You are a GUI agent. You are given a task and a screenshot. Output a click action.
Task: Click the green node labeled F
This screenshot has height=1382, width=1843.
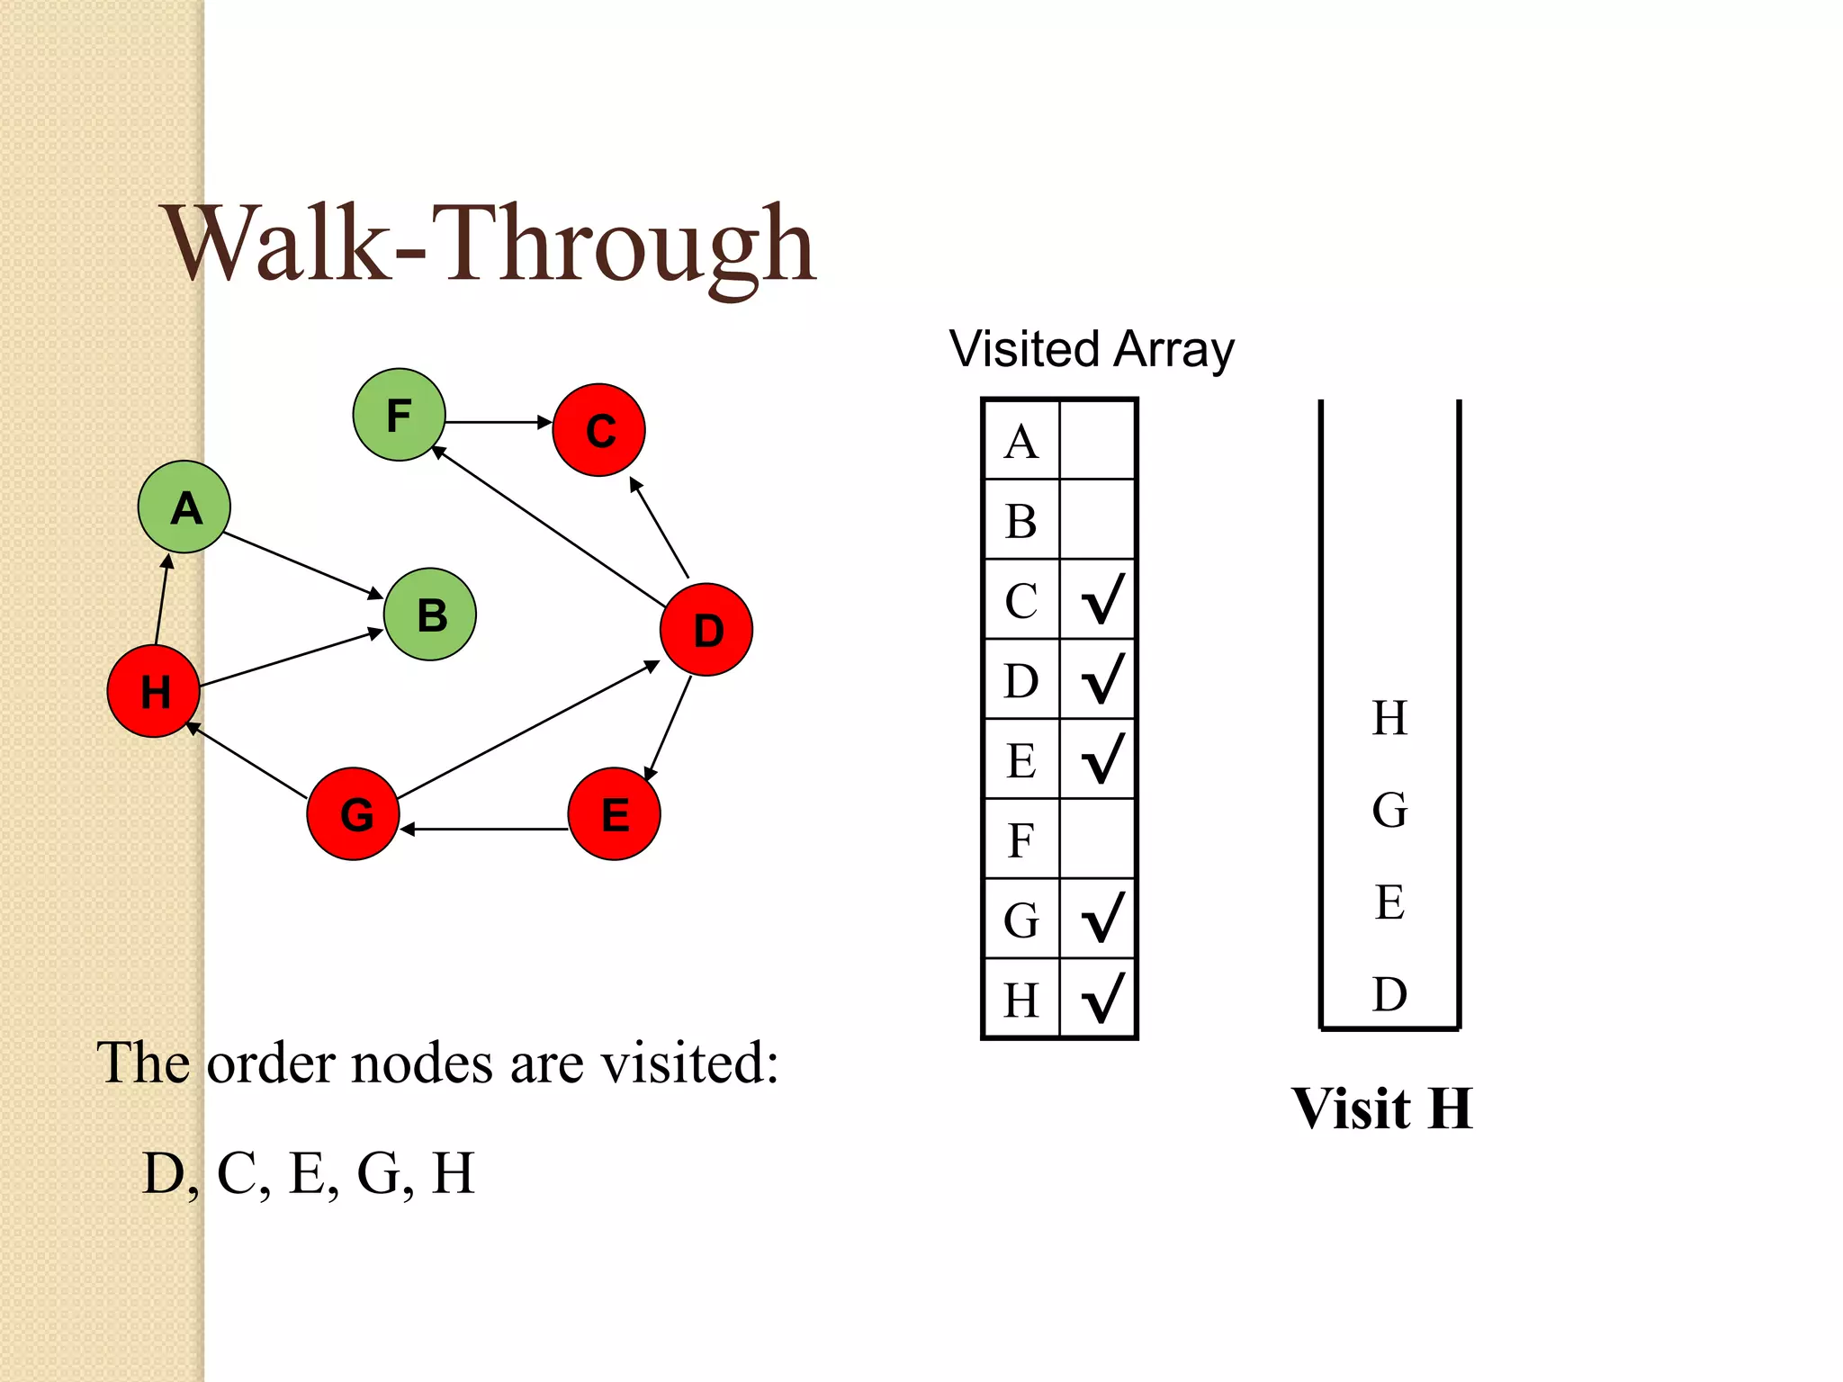tap(399, 415)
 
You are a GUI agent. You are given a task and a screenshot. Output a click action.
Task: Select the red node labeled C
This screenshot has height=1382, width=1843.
tap(598, 430)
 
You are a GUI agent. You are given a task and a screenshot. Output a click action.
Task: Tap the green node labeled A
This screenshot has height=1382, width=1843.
tap(184, 507)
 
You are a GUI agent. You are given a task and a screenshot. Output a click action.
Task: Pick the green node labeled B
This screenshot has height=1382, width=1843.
tap(430, 615)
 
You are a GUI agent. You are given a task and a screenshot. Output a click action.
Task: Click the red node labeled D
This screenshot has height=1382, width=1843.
tap(706, 630)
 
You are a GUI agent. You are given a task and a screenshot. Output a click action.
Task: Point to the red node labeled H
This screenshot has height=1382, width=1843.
tap(154, 691)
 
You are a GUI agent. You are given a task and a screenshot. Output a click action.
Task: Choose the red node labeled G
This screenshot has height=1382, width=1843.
tap(354, 813)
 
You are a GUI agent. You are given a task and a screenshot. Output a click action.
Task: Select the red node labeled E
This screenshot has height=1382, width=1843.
tap(615, 813)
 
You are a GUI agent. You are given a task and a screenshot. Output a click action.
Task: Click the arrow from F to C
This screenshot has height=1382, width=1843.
tap(498, 422)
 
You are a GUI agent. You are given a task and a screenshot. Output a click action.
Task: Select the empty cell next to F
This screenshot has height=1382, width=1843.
tap(1098, 839)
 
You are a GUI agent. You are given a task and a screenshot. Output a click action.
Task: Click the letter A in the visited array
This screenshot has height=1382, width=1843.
tap(1020, 442)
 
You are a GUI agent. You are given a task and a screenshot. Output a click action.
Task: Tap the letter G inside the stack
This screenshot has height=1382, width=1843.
tap(1389, 810)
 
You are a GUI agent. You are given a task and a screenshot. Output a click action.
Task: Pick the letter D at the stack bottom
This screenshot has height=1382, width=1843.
tap(1389, 993)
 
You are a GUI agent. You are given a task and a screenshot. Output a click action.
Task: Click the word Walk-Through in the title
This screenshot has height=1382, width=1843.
tap(490, 245)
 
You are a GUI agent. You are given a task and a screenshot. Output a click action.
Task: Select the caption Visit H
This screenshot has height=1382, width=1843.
tap(1382, 1108)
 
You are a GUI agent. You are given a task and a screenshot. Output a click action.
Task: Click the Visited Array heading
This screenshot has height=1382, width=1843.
tap(1092, 349)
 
